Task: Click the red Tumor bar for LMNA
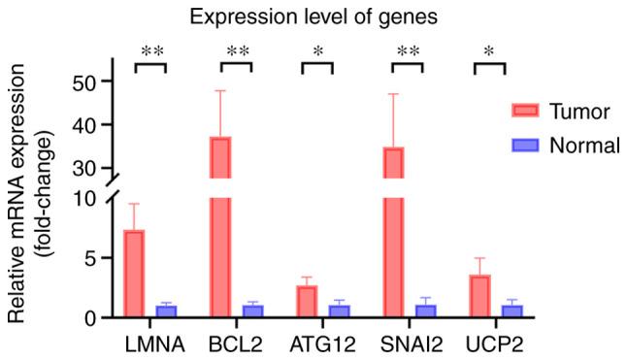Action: (135, 274)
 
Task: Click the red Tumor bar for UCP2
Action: (478, 296)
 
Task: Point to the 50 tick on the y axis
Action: (90, 82)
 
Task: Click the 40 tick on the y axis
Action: (90, 125)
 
